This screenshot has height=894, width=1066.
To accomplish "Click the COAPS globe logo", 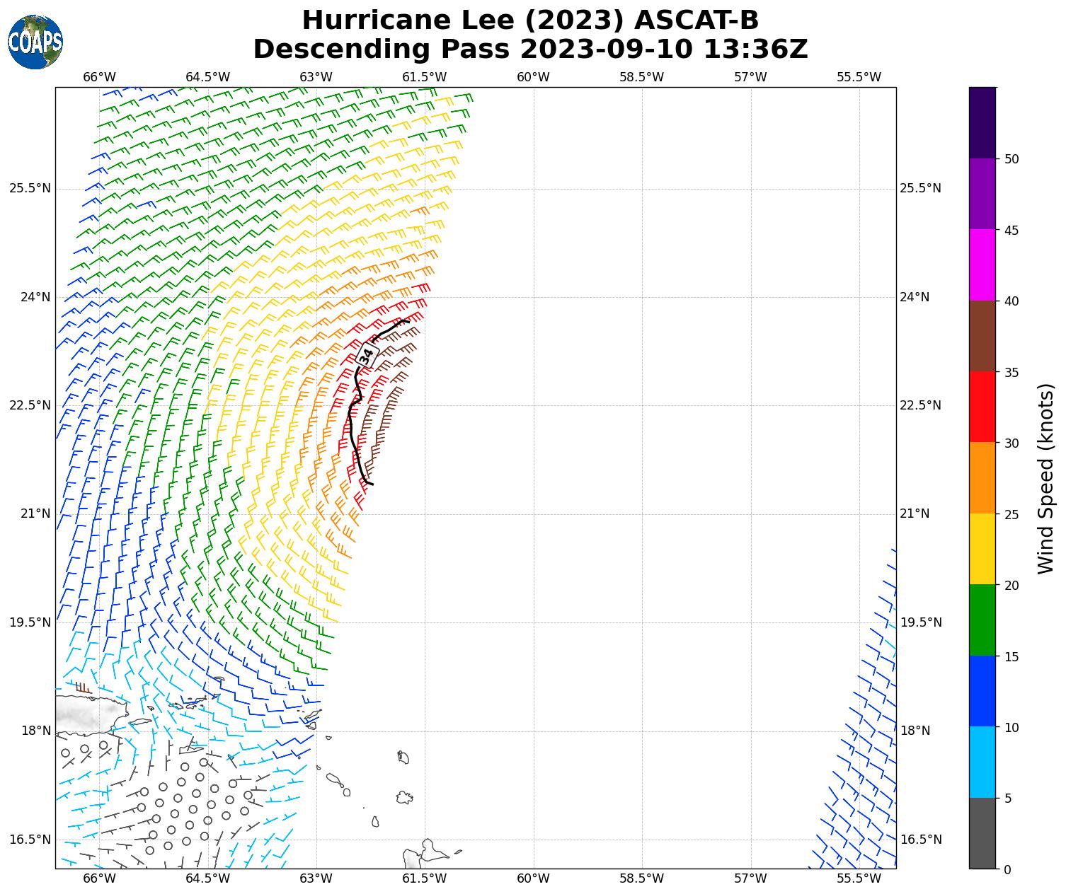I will pyautogui.click(x=35, y=42).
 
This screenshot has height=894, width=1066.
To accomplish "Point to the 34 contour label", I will pyautogui.click(x=366, y=355).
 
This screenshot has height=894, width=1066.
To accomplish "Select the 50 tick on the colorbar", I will pyautogui.click(x=1011, y=158).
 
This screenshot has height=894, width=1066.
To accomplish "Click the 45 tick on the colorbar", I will pyautogui.click(x=1011, y=230).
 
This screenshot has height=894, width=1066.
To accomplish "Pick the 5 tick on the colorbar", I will pyautogui.click(x=1008, y=799).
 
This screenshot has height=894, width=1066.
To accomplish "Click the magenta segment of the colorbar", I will pyautogui.click(x=982, y=265).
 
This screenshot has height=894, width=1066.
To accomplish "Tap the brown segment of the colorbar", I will pyautogui.click(x=982, y=336).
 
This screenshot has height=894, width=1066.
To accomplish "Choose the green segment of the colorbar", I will pyautogui.click(x=982, y=620).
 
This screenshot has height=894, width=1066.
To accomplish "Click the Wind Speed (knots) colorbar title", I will pyautogui.click(x=1045, y=478).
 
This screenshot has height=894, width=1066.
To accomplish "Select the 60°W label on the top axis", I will pyautogui.click(x=533, y=77).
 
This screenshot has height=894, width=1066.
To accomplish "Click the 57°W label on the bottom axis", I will pyautogui.click(x=750, y=878).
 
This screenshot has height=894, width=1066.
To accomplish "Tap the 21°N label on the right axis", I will pyautogui.click(x=915, y=513).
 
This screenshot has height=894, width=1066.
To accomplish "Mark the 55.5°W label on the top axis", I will pyautogui.click(x=859, y=77).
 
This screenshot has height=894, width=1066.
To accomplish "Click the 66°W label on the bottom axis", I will pyautogui.click(x=99, y=878).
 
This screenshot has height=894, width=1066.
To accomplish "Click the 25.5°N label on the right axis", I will pyautogui.click(x=920, y=188).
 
